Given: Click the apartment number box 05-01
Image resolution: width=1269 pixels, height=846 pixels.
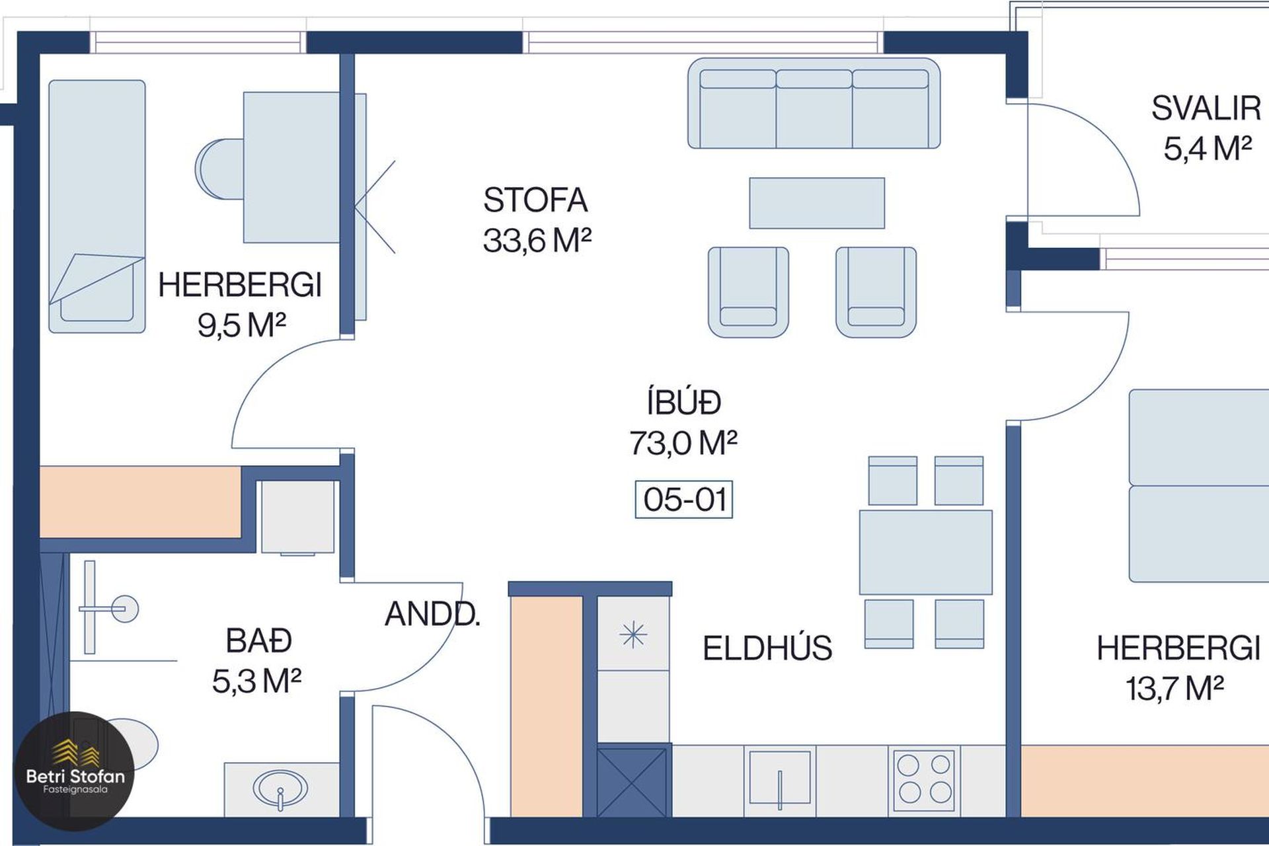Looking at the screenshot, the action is point(683,499).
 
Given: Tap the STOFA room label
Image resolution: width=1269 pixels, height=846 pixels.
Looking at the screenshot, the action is point(535,200).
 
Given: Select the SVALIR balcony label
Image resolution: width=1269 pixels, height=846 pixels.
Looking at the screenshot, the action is point(1206,109).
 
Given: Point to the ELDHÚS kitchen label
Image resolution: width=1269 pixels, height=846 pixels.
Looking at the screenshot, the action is point(767,648).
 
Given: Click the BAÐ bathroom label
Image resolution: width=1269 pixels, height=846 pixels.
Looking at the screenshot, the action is point(258,640).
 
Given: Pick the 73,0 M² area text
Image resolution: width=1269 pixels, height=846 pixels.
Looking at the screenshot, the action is point(683,442).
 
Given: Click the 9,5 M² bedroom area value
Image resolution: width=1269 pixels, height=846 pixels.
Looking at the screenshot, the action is point(241,325).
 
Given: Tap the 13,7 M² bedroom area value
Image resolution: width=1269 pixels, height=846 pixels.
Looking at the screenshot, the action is point(1174,689).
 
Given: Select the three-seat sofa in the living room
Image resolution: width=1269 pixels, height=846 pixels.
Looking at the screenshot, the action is point(814,103).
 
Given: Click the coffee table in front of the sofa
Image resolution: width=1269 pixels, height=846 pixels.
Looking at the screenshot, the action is point(817,203).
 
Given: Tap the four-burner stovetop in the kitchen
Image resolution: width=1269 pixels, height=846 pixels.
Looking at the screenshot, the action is point(924,779).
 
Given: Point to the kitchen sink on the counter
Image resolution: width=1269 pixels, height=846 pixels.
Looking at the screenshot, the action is point(780,779).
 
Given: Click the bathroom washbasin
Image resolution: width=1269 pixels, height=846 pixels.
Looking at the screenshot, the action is point(281,789).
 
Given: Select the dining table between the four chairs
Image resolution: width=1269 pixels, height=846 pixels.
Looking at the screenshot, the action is point(925,552).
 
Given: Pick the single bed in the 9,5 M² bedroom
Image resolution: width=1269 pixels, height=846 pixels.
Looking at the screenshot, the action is point(97,206).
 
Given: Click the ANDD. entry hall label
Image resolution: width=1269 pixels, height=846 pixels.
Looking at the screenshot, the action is point(432,615).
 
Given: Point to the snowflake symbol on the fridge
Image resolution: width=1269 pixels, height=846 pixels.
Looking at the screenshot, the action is point(633,635).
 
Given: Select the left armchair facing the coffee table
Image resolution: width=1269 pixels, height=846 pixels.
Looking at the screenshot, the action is point(748,292).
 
